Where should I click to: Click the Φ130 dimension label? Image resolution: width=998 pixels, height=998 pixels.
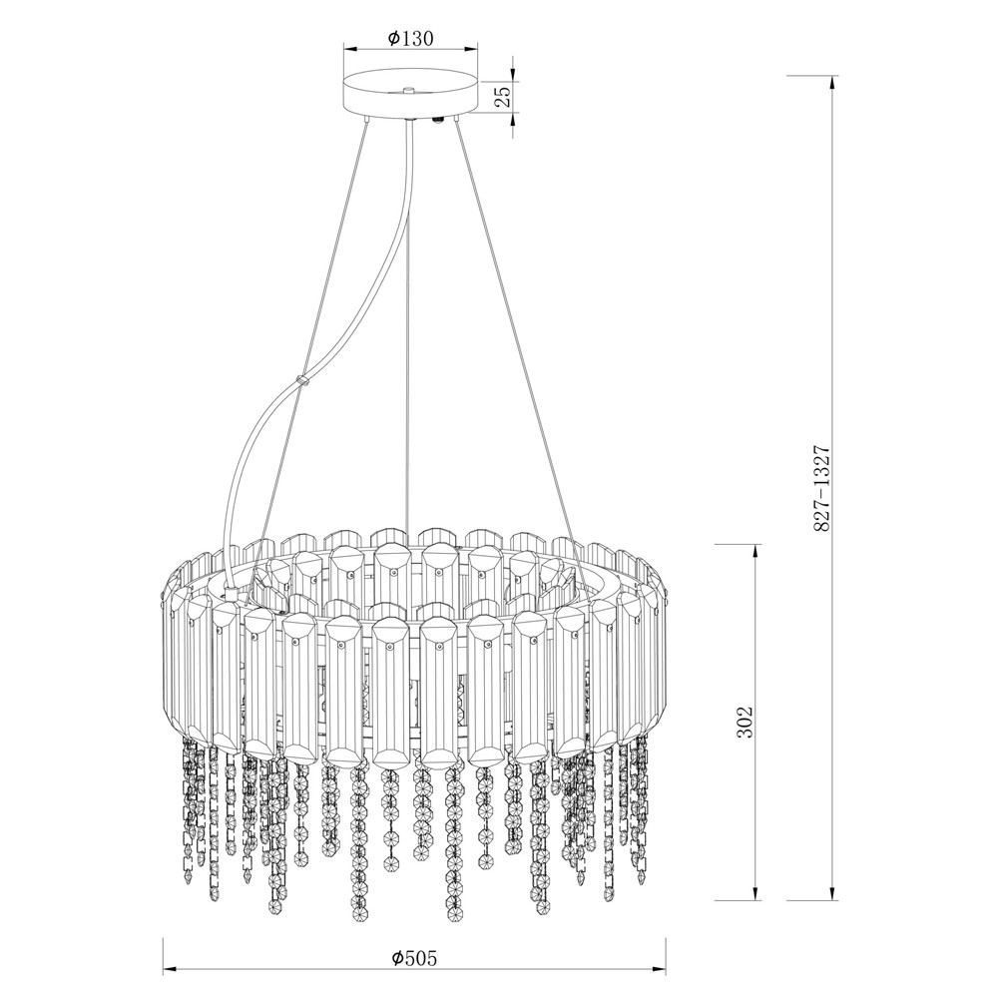[410, 39]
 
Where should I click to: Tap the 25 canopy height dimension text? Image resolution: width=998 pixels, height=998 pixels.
[503, 96]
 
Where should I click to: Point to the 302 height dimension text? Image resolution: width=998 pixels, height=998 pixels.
[745, 722]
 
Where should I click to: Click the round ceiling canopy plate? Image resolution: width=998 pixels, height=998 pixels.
[410, 96]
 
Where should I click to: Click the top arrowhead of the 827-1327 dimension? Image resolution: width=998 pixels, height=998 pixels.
[831, 84]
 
